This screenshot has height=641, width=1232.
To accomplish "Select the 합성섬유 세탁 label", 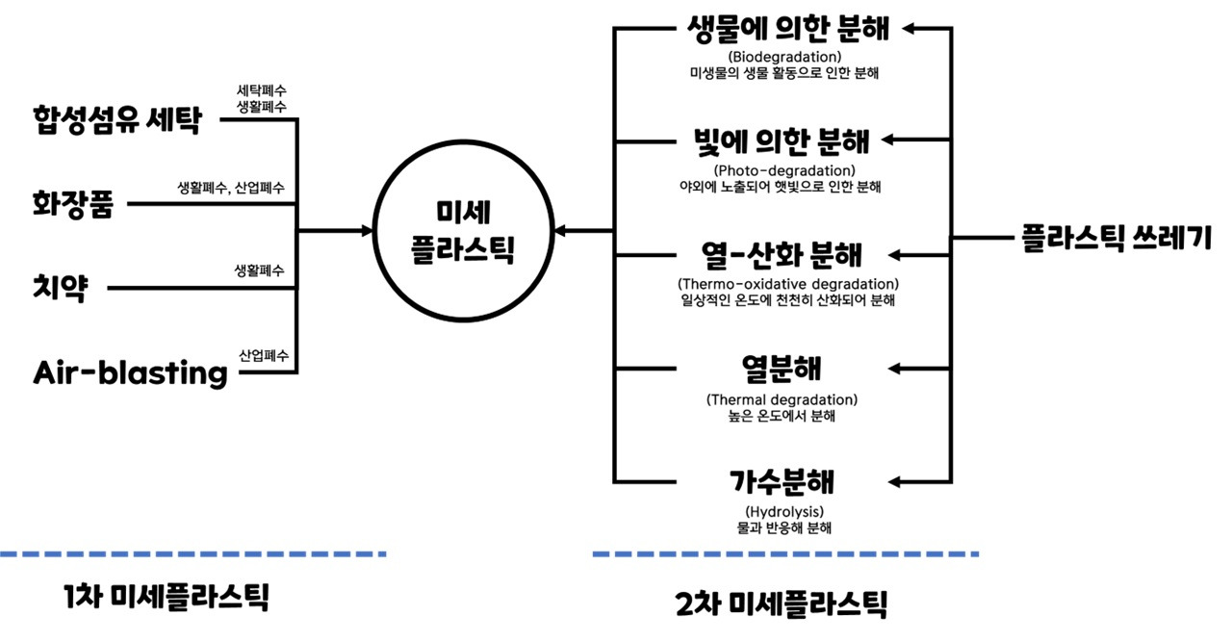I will tap(115, 121).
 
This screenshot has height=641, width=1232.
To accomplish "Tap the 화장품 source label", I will tap(72, 204).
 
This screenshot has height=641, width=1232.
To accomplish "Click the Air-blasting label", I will tap(130, 372).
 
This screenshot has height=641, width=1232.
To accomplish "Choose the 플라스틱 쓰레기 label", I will tap(1116, 236).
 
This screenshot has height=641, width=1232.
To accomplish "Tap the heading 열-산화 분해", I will tap(782, 255).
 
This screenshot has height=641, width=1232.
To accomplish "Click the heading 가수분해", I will tap(781, 480).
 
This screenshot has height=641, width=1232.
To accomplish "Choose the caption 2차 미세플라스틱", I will tap(781, 603).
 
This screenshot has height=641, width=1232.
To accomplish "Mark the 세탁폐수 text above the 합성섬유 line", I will tap(261, 90).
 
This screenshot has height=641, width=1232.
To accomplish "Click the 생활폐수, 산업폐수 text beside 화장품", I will tap(230, 187).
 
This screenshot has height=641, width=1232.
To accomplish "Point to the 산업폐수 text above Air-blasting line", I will tap(262, 353).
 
